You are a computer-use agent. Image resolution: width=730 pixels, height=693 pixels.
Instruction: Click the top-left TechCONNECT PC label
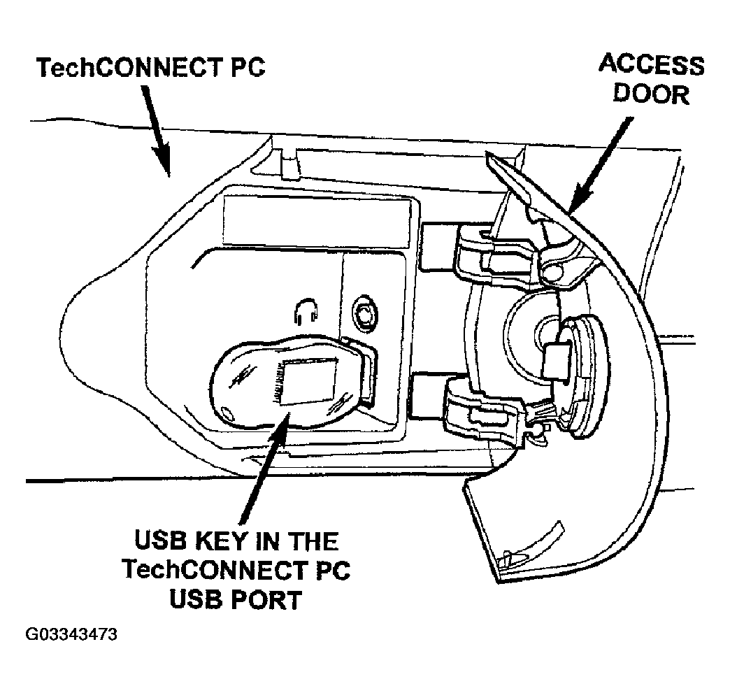point(150,69)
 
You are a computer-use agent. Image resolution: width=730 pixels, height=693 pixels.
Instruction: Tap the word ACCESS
point(651,65)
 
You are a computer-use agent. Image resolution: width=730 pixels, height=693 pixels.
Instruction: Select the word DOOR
point(651,93)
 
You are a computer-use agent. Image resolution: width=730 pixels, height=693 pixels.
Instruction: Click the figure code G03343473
point(71,635)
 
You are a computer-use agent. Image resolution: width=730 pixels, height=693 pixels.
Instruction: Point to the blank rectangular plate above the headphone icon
point(316,220)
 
